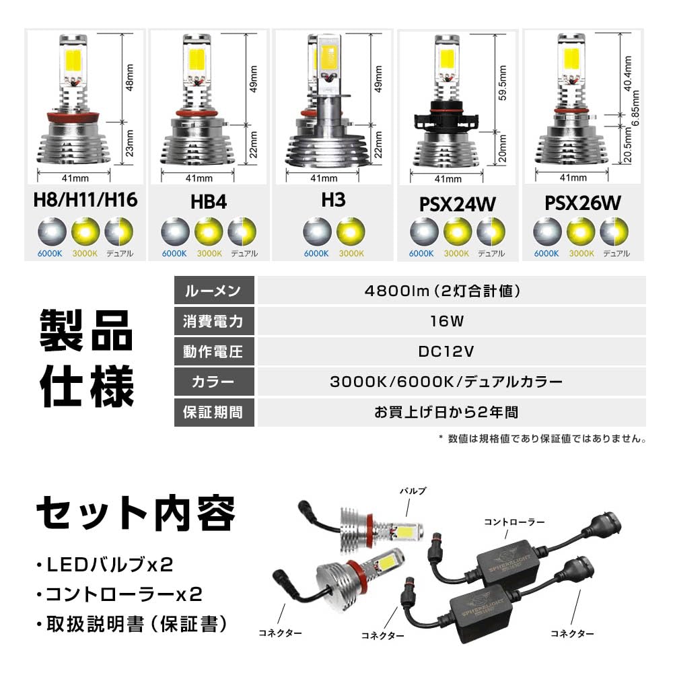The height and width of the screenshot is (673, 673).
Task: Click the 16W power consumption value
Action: pos(451,321)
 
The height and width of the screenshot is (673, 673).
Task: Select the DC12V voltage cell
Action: pos(451,351)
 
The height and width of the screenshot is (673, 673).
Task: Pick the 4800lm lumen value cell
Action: pos(451,291)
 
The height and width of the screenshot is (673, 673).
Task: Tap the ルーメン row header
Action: pos(214,291)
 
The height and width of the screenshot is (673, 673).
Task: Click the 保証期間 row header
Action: pos(214,412)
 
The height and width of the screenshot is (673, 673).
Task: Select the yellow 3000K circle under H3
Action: pos(351,233)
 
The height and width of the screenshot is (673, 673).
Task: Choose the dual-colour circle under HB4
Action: pos(242,233)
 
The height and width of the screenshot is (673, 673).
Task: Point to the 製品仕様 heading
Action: pos(86,358)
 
